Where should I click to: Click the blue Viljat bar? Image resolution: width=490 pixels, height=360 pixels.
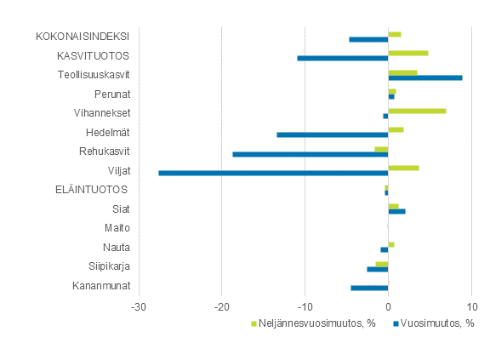tap(273, 173)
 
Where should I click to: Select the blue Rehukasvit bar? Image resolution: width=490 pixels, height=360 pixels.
tap(310, 154)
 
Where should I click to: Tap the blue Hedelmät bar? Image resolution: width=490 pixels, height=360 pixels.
tap(332, 134)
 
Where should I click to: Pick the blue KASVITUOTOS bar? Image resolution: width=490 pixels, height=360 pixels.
tap(342, 58)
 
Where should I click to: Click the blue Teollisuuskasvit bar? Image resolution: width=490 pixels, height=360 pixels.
tap(425, 77)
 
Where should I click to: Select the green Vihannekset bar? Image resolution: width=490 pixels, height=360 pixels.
tap(417, 111)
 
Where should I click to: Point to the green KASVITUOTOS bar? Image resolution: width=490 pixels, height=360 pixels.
tap(408, 53)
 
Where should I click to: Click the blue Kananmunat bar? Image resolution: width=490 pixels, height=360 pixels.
tap(369, 288)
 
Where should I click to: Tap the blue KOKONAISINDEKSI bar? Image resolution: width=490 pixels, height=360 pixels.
tap(368, 39)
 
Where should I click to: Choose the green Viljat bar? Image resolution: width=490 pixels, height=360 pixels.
tap(403, 168)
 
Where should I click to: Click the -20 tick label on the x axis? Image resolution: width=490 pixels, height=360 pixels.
tap(221, 306)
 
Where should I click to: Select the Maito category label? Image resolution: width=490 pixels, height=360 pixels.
tap(117, 227)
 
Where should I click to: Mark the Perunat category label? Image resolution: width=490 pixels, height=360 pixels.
tap(112, 94)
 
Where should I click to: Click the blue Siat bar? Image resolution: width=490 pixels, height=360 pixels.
tap(396, 211)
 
